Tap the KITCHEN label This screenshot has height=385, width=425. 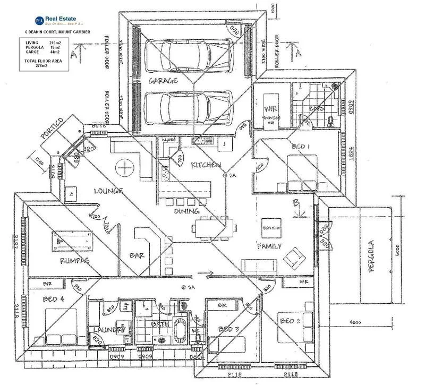[206, 165]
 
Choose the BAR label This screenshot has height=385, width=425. [138, 255]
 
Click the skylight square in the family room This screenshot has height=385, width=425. [271, 227]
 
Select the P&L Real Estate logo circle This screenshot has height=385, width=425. [39, 21]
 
